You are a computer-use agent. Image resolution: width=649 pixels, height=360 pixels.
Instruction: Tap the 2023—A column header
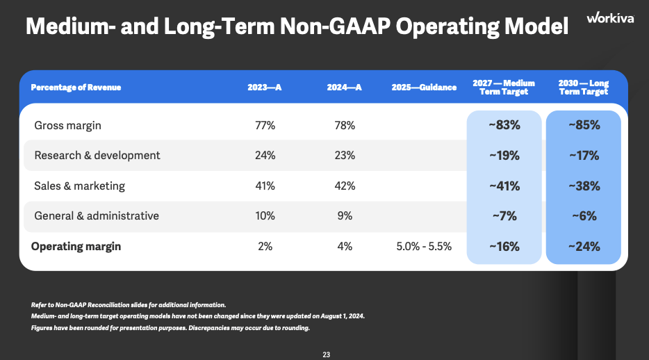pos(265,88)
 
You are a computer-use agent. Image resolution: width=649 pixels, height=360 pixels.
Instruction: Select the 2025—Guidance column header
pos(424,88)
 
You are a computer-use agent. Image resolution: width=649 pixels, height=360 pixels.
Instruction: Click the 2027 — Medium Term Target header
pos(504,87)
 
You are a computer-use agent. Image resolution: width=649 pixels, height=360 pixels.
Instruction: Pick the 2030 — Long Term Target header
pos(584,87)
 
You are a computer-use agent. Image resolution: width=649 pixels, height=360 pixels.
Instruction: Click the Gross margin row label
pos(67,126)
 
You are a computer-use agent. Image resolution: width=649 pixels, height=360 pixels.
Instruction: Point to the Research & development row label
pos(97,156)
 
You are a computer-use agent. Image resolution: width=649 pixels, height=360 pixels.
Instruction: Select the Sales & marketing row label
pos(79,186)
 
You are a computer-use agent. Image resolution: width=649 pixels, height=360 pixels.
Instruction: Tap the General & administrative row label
pos(96,216)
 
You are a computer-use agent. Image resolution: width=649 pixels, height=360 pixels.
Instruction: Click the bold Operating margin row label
pos(77,247)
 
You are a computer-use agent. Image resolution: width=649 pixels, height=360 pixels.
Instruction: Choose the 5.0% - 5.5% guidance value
pos(424,247)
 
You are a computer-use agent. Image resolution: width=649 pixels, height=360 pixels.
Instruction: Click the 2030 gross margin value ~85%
pos(584,126)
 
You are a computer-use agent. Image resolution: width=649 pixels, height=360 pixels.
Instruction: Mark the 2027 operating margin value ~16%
pos(504,247)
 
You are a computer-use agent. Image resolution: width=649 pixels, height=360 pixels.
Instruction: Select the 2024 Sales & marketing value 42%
pos(345,186)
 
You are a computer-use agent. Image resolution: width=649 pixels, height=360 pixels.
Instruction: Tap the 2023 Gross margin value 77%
pos(265,126)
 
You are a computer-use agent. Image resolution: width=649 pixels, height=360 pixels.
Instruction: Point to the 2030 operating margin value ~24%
pos(584,247)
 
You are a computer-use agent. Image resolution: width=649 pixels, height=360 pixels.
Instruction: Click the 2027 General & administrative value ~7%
pos(504,216)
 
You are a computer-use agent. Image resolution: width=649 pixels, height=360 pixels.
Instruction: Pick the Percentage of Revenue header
pos(76,88)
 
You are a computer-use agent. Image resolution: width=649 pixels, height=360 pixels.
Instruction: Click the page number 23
pos(326,354)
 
